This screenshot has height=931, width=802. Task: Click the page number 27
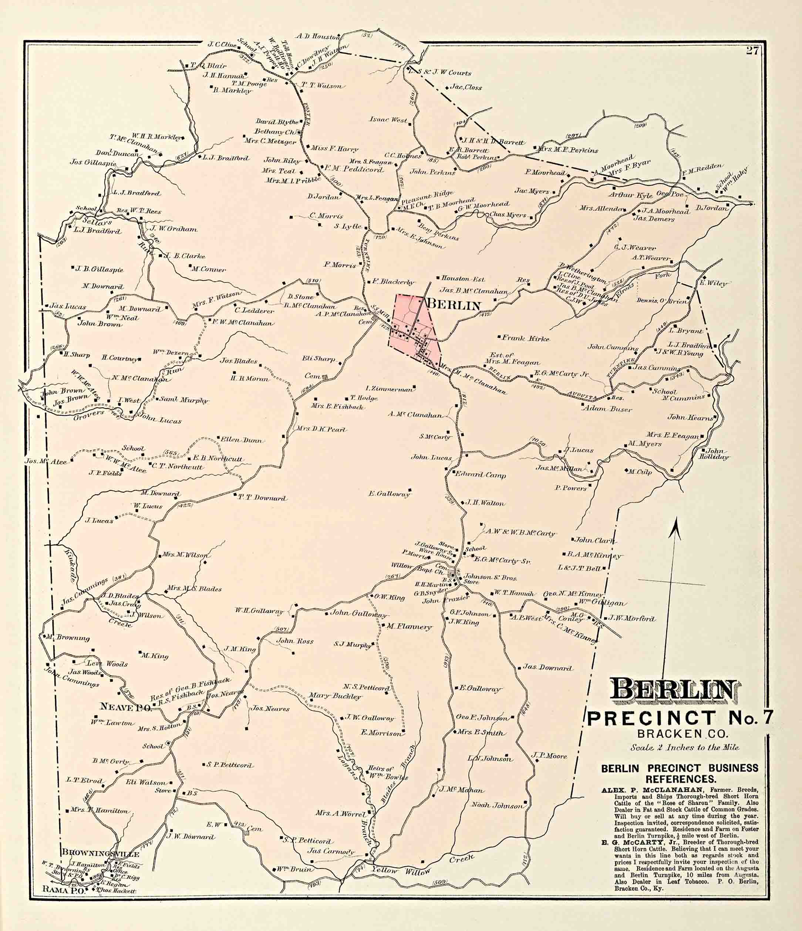752,51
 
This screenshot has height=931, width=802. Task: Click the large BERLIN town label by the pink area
453,306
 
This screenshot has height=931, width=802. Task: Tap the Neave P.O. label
126,707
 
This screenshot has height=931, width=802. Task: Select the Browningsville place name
101,853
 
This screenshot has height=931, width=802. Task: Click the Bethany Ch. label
274,132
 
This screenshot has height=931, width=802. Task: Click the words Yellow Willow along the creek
400,870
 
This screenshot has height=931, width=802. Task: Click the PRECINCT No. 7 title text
680,718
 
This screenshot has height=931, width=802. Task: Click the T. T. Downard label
262,498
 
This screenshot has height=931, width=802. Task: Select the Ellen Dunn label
241,440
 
